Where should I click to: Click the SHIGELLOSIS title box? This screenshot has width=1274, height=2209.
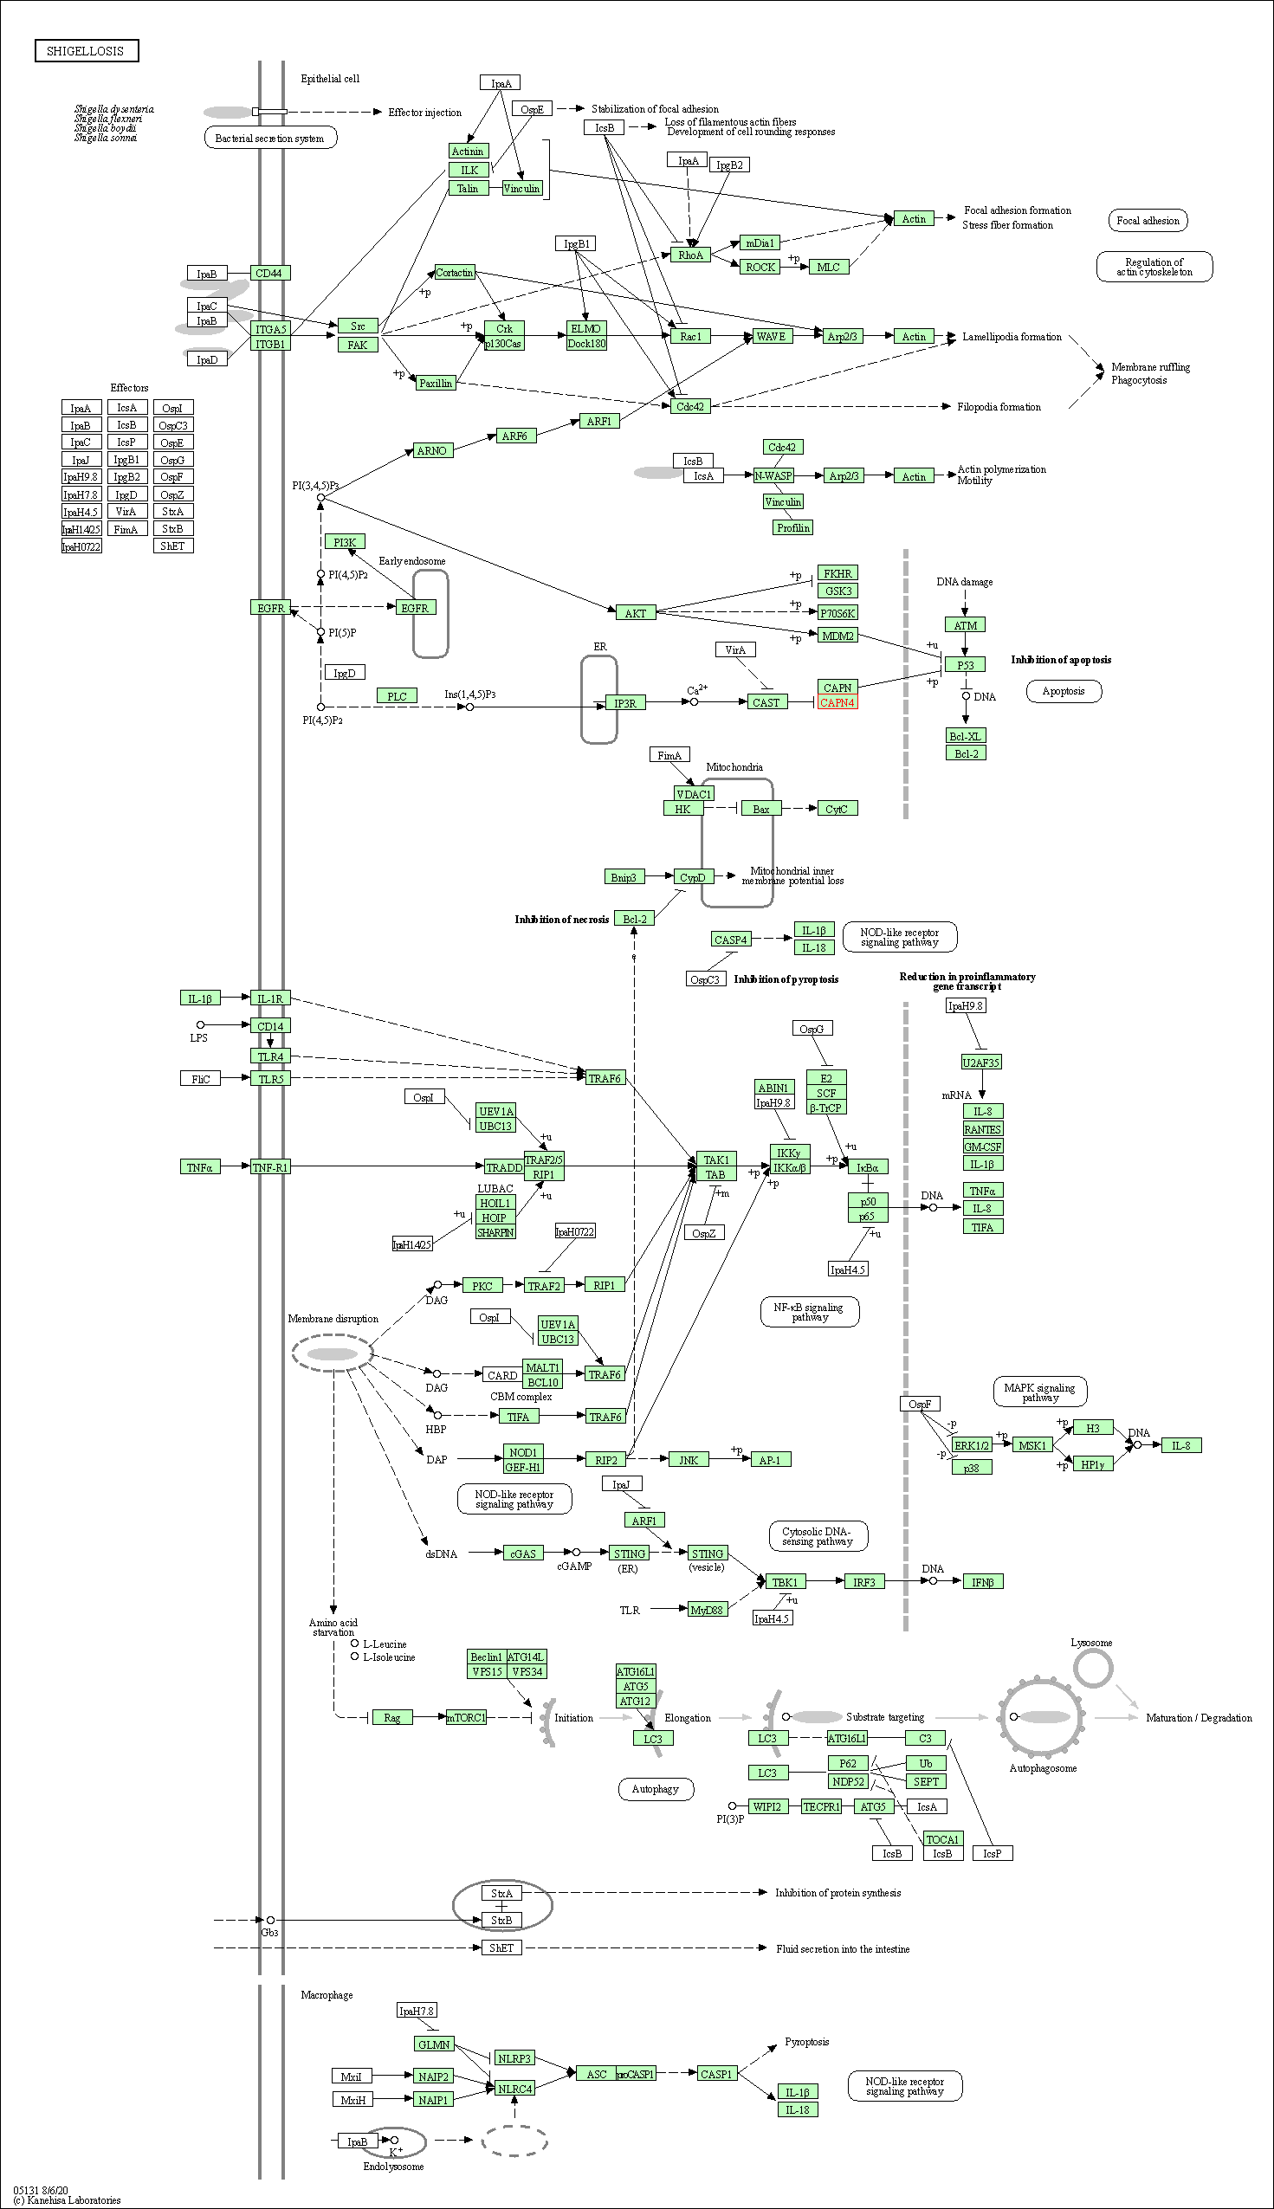86,51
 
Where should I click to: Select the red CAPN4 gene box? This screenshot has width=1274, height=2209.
837,702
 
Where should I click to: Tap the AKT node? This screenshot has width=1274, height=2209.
635,613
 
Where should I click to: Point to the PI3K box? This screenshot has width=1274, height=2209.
345,542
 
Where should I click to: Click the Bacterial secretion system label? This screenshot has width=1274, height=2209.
269,139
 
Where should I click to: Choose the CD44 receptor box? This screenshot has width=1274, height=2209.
269,273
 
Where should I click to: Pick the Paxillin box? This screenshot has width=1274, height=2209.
436,384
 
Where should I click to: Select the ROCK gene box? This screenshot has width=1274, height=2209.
760,267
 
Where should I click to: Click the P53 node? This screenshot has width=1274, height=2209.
965,665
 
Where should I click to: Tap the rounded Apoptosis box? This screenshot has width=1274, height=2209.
1064,691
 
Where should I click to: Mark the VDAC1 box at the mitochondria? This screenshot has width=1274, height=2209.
693,793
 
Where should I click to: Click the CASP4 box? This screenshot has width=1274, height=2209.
731,940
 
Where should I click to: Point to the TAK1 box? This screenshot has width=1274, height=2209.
715,1159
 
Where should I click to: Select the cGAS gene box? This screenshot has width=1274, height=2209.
523,1553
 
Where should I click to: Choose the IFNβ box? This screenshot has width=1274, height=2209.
983,1582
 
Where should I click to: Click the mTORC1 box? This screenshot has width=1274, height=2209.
465,1717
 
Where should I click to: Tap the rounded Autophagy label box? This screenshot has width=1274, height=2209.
656,1789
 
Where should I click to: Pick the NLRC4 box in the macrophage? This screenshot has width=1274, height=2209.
514,2089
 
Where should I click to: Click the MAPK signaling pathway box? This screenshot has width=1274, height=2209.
1039,1392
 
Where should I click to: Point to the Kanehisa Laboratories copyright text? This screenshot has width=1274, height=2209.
68,2199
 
